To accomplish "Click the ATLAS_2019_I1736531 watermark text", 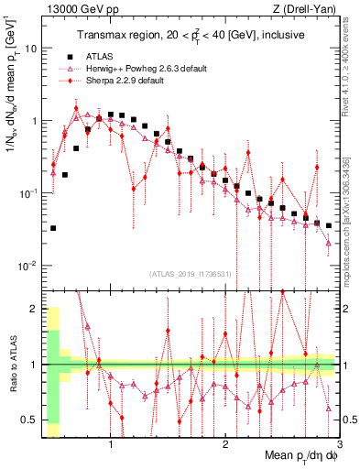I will pyautogui.click(x=189, y=272).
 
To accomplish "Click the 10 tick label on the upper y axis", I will pyautogui.click(x=30, y=48).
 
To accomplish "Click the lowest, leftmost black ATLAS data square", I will pyautogui.click(x=53, y=228).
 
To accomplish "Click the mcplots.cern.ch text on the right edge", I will pyautogui.click(x=352, y=224).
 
